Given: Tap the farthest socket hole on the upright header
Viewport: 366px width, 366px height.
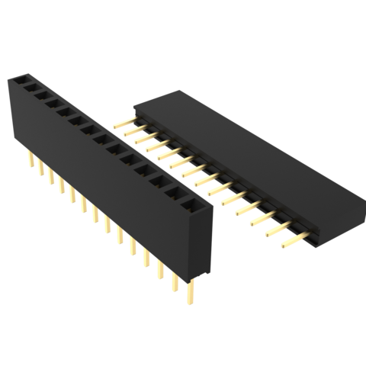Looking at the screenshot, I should (x=20, y=79).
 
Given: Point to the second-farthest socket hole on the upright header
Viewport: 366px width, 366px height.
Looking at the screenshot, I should (x=33, y=88).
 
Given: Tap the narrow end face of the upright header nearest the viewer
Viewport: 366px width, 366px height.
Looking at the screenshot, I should (x=201, y=244).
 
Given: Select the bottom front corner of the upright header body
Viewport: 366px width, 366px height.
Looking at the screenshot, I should (x=191, y=279).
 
